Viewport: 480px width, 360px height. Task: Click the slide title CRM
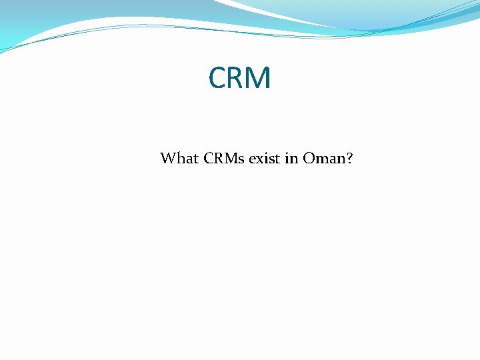(240, 79)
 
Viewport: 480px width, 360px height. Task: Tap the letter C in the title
(218, 79)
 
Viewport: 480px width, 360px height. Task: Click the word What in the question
(179, 159)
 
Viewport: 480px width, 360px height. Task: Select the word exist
(263, 159)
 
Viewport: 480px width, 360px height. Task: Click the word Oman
(325, 159)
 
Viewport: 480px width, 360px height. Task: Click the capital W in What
(167, 159)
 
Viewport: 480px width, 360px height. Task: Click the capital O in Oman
(309, 159)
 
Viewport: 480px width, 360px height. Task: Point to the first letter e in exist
(252, 159)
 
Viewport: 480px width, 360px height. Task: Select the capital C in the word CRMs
(207, 159)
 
